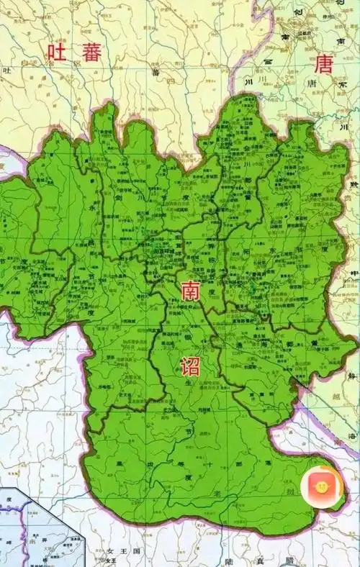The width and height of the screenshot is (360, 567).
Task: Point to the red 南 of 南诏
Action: tap(190, 290)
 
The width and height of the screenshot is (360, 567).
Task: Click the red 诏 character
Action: tap(189, 365)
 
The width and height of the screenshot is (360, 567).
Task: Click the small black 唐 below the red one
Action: tap(312, 83)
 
